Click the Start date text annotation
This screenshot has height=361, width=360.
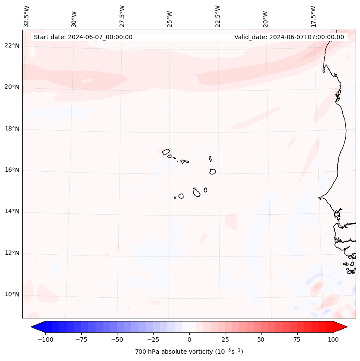(x=83, y=37)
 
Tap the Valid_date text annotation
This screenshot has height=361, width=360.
(x=289, y=37)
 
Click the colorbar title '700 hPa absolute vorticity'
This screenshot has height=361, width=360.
(x=189, y=352)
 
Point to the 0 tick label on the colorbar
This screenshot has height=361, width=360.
(x=189, y=339)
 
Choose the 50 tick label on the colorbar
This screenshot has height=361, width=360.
(x=261, y=339)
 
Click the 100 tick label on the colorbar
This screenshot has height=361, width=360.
(x=333, y=339)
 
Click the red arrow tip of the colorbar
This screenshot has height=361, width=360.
(x=343, y=327)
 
